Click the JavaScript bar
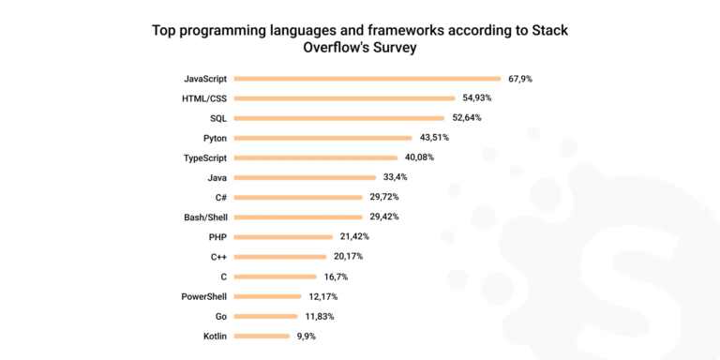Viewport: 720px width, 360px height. (367, 79)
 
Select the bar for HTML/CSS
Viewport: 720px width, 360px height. (345, 98)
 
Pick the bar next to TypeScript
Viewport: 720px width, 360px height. (316, 157)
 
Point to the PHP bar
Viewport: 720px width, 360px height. (283, 237)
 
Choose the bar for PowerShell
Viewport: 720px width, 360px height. (267, 296)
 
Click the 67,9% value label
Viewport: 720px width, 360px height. (520, 79)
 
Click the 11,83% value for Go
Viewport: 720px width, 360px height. (318, 316)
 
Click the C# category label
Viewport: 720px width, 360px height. (218, 198)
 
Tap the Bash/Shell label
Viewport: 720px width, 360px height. (205, 217)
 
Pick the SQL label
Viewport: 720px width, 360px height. (217, 118)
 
